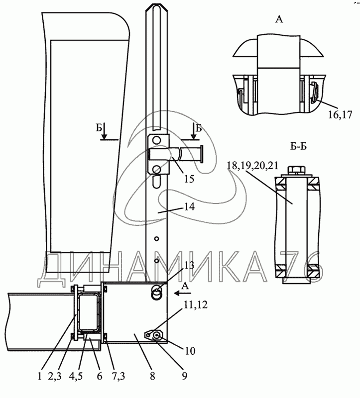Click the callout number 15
click(189, 179)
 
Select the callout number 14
click(189, 206)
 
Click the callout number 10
click(190, 351)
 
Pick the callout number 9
click(185, 376)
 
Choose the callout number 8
click(152, 376)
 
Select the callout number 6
click(100, 376)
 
